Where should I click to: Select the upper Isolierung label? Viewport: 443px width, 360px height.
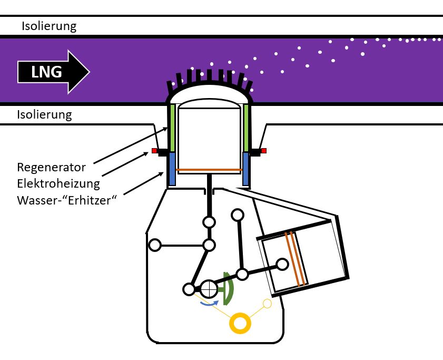point(49,26)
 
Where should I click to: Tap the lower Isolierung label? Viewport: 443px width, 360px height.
point(45,114)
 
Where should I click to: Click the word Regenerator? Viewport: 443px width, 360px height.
point(51,168)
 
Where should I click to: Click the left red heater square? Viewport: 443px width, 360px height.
point(154,151)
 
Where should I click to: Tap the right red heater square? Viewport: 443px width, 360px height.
point(264,151)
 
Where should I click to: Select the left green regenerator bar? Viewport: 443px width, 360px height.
point(172,127)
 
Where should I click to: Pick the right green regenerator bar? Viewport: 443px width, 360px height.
point(246,127)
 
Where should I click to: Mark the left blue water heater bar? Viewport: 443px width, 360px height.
point(172,169)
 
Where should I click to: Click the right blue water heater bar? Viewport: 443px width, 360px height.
point(246,169)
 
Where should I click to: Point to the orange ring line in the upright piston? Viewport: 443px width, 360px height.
point(209,170)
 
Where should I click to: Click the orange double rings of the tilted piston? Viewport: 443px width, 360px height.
point(294,259)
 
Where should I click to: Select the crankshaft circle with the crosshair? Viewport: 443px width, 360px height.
point(209,288)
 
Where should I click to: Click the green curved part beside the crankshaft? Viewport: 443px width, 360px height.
point(228,289)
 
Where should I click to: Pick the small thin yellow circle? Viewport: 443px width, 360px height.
point(267,303)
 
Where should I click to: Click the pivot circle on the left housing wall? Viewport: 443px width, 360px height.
point(155,245)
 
